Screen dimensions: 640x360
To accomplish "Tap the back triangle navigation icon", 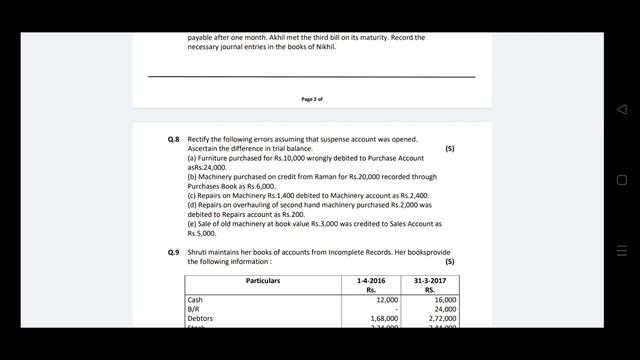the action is pos(621,109).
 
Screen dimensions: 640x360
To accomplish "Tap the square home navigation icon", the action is pos(621,180).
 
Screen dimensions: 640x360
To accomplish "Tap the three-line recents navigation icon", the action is pos(621,250).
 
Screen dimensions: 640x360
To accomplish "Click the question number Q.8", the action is pos(174,139).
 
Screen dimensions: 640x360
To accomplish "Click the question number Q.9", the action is pos(174,252).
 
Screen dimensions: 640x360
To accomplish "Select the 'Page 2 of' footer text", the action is pos(312,99).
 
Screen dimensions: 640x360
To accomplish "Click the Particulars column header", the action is pos(263,281).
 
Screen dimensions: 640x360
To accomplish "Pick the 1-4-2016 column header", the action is pos(370,281).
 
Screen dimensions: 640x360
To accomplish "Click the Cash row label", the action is pos(195,300).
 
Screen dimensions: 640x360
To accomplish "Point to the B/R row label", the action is pos(194,309).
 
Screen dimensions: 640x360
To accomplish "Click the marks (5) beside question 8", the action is pos(450,148).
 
